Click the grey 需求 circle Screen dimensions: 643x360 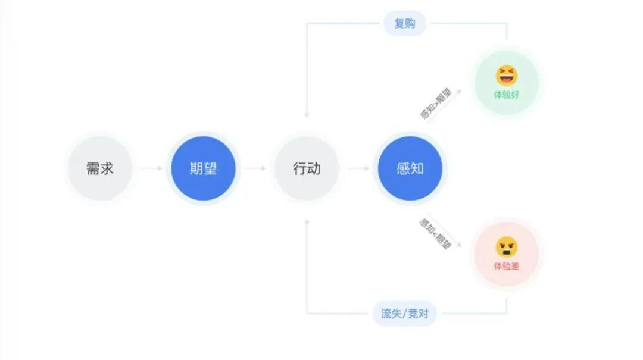point(100,168)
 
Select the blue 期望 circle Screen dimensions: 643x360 point(204,168)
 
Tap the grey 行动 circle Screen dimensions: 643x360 point(307,168)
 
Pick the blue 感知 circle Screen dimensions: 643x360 point(410,168)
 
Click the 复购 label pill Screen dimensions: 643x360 point(405,23)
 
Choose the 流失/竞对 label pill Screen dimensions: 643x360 point(404,314)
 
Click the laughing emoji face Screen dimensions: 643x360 point(507,76)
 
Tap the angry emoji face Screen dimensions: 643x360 point(507,247)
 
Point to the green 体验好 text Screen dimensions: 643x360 point(507,95)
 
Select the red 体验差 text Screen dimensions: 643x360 point(507,266)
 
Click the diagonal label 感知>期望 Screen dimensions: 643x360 point(435,104)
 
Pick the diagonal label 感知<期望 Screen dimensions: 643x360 point(435,234)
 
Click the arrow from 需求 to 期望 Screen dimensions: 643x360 point(151,168)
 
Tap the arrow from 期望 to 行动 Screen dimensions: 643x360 point(255,168)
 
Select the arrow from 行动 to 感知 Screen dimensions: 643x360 point(358,168)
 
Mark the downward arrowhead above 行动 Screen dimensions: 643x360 point(307,115)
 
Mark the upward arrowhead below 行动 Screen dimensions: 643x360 point(307,222)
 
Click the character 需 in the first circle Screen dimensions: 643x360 point(93,168)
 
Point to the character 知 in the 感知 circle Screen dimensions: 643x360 point(417,168)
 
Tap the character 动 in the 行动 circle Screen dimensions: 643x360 point(314,168)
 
